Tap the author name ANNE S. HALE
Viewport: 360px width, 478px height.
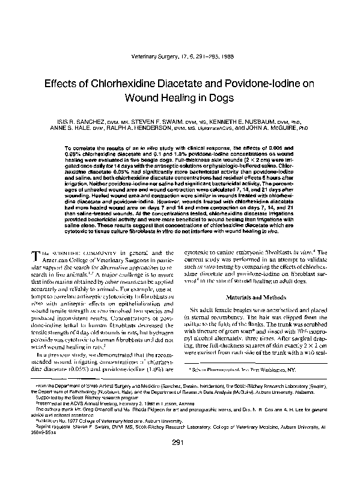[75, 128]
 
